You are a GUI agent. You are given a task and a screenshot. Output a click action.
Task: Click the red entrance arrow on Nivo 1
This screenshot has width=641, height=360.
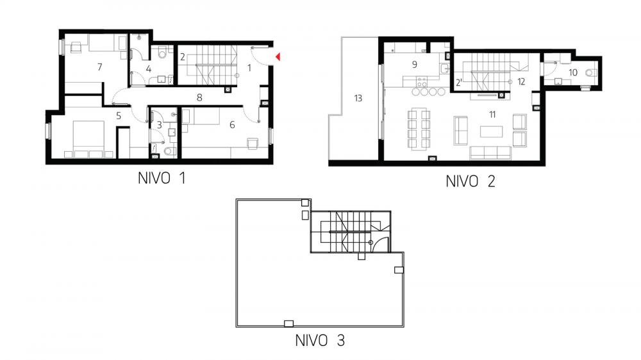point(278,57)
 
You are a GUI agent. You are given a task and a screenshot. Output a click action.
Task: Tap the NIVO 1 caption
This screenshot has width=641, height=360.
point(162,179)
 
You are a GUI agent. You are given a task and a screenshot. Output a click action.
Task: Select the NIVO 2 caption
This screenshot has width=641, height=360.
point(470,181)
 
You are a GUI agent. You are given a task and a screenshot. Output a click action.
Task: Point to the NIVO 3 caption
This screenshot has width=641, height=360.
point(320,340)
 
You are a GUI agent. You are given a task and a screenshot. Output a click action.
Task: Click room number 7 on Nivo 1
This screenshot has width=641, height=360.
point(100,67)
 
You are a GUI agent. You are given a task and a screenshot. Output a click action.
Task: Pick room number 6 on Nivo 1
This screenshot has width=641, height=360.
point(232,125)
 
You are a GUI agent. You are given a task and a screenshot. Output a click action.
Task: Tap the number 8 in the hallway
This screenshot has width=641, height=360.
point(199,97)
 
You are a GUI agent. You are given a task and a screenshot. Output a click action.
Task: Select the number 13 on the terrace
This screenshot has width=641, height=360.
point(358,98)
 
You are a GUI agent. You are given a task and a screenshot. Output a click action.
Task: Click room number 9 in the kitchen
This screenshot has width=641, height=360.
point(415,64)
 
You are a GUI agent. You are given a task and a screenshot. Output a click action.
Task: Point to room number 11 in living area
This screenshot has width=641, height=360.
point(492,115)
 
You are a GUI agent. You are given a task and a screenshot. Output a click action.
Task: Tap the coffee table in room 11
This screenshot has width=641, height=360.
point(492,131)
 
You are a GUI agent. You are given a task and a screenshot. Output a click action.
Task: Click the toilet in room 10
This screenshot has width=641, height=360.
point(591,73)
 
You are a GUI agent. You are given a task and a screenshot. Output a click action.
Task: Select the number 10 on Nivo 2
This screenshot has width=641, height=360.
point(573,73)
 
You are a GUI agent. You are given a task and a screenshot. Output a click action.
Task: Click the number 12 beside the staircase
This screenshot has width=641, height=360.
point(520,82)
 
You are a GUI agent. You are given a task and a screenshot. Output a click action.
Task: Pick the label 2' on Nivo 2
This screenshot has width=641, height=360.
point(459,83)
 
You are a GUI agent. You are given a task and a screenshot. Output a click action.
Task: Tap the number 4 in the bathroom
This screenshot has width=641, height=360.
point(149,69)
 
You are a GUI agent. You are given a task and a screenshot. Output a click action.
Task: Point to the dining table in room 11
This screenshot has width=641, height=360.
point(419,128)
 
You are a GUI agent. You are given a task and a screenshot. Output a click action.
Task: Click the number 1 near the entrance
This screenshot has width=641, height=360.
point(249,68)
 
